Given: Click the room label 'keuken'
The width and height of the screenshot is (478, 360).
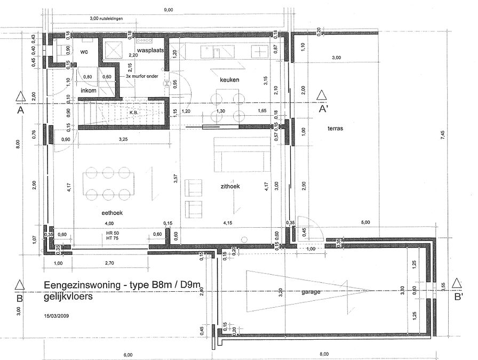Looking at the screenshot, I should pyautogui.click(x=229, y=79).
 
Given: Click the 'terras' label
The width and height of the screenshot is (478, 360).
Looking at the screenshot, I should pyautogui.click(x=336, y=129).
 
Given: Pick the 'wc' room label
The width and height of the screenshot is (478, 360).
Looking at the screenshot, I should pyautogui.click(x=84, y=52).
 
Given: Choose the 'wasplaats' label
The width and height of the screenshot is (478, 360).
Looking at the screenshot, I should pyautogui.click(x=149, y=52).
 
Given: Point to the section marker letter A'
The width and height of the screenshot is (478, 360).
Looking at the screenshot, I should pyautogui.click(x=323, y=110).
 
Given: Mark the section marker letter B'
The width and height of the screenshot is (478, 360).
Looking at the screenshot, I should pyautogui.click(x=458, y=298).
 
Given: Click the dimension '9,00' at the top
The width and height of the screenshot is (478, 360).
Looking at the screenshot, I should pyautogui.click(x=168, y=10).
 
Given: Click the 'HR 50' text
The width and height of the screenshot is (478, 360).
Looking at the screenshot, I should pyautogui.click(x=112, y=234).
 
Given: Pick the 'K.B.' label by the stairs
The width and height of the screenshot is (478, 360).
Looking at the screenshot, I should pyautogui.click(x=133, y=113).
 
